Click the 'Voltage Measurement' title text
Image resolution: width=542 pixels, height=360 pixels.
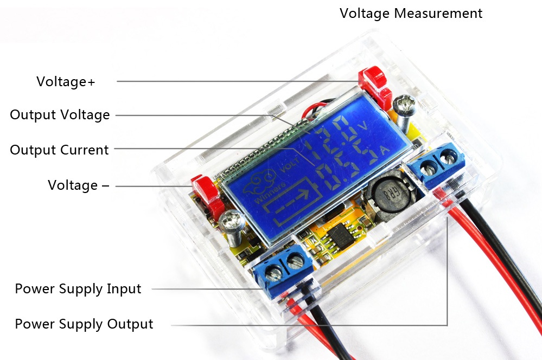411,13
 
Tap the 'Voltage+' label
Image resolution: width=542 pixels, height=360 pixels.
66,82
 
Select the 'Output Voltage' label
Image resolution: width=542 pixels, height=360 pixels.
60,115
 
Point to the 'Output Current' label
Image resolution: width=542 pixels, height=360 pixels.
59,150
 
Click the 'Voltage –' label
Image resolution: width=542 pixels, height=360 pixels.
78,185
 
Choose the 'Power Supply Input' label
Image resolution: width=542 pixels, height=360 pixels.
78,289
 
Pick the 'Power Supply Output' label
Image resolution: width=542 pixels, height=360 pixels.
84,324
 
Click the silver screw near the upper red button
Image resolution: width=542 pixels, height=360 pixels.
404,107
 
